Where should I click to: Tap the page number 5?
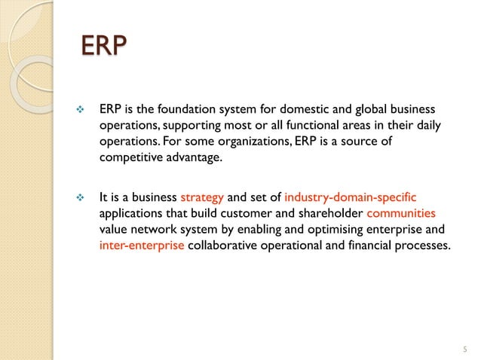pyautogui.click(x=464, y=349)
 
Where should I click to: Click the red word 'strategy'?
pyautogui.click(x=202, y=199)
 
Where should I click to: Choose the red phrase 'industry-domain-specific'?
pyautogui.click(x=350, y=199)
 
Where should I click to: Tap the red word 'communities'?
pyautogui.click(x=406, y=214)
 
